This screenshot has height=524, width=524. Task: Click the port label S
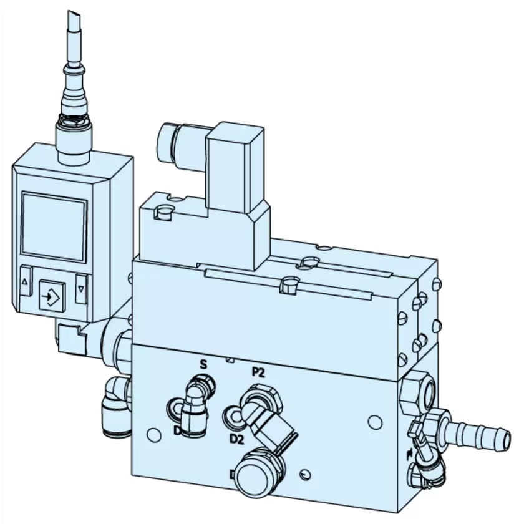click(x=203, y=364)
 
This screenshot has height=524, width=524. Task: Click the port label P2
click(x=258, y=373)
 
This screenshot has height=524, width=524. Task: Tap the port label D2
click(x=236, y=439)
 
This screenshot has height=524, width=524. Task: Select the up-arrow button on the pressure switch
click(x=26, y=282)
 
